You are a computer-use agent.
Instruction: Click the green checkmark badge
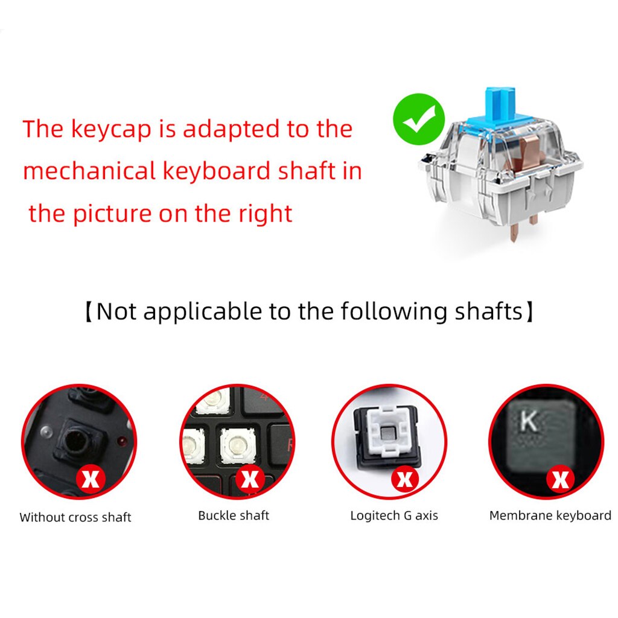pyautogui.click(x=418, y=119)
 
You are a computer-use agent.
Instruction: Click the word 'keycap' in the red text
pyautogui.click(x=111, y=129)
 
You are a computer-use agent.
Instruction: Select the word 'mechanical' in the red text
pyautogui.click(x=89, y=171)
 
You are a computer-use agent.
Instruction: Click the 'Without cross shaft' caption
pyautogui.click(x=75, y=517)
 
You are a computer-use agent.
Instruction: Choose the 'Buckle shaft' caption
pyautogui.click(x=234, y=515)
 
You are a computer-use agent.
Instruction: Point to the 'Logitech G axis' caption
pyautogui.click(x=394, y=515)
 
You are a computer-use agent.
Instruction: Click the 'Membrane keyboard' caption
pyautogui.click(x=550, y=515)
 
